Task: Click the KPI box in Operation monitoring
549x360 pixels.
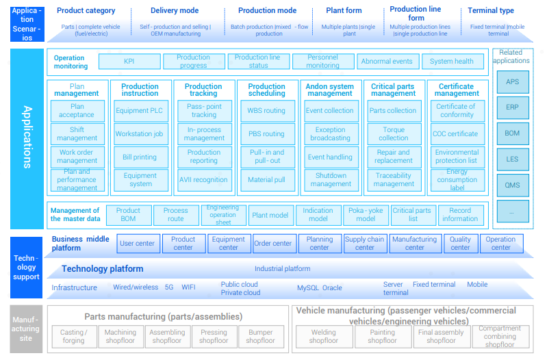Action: tap(129, 62)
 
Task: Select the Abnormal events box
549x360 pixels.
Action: tap(387, 62)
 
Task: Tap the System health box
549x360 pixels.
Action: tap(452, 62)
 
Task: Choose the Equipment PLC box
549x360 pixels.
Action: tap(140, 111)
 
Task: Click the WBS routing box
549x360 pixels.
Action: tap(266, 111)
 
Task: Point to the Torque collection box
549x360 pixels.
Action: tap(394, 133)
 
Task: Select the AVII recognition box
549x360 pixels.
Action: tap(203, 180)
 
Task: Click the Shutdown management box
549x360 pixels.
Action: tap(331, 180)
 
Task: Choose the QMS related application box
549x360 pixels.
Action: tap(512, 185)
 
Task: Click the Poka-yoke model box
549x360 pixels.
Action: tap(366, 215)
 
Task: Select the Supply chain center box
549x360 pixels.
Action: tap(365, 244)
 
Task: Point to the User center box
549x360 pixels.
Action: tap(137, 244)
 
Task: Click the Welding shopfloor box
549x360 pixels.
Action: tap(324, 336)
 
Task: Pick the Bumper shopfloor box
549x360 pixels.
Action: tap(260, 336)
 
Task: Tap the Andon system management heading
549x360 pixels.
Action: tap(330, 90)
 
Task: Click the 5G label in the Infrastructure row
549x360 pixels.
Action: tap(169, 287)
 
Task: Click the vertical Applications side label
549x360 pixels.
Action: tap(27, 137)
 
